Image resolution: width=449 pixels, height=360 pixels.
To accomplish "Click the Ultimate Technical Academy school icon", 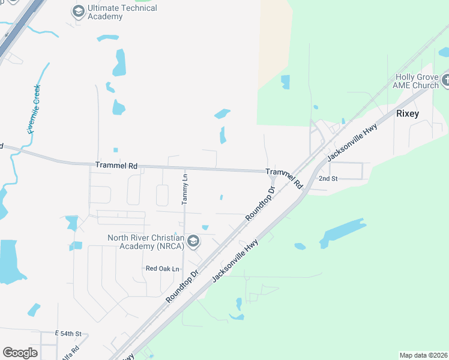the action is (78, 11).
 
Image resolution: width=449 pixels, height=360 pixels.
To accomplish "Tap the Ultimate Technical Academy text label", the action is (122, 12).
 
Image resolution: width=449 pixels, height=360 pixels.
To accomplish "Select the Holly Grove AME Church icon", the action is (445, 80).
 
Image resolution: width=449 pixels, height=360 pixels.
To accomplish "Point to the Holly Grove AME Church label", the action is (417, 81).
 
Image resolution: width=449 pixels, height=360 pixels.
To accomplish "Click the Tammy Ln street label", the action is (185, 189).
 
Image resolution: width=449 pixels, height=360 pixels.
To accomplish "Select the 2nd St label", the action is (328, 179).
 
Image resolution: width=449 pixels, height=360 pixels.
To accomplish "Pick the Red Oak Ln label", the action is (163, 269).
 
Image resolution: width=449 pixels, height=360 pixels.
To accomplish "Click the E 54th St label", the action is (68, 333).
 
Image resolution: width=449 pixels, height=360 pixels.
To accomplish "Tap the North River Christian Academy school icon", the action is (193, 242).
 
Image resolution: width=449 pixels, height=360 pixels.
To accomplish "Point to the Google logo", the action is (20, 353).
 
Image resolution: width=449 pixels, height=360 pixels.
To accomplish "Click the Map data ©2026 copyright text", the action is (423, 355).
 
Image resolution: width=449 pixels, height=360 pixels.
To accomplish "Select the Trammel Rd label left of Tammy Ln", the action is (116, 165).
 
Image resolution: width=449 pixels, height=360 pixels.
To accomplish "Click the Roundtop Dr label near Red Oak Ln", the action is (182, 286).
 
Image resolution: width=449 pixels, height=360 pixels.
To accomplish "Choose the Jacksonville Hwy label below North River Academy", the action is (235, 261).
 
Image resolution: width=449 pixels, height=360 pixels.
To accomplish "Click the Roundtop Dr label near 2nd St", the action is (260, 202).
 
